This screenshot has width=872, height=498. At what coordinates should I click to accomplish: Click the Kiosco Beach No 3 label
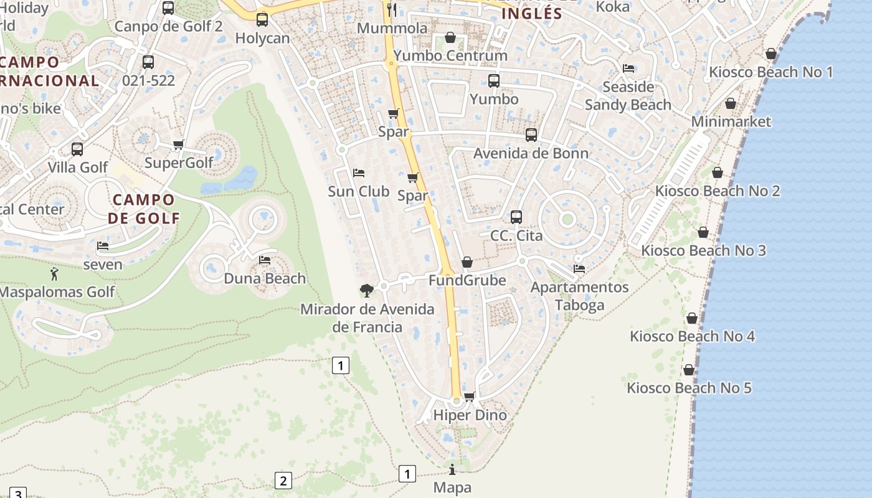coord(703,250)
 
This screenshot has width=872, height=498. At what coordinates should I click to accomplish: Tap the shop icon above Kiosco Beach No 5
coord(689,370)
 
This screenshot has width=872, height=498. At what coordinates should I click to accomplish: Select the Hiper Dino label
coord(470,415)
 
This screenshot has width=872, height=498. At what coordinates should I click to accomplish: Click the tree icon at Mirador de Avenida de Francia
coord(367,290)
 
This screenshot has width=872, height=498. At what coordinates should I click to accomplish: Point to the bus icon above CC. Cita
coord(516,217)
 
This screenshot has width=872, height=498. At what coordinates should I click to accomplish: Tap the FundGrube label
coord(467,281)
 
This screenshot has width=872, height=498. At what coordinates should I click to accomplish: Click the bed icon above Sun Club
coord(359,173)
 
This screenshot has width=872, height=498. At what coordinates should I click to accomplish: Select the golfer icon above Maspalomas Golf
coord(55,273)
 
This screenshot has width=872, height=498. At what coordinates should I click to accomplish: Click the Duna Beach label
coord(265,278)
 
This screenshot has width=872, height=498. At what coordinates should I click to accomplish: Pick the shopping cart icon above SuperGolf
coord(179,145)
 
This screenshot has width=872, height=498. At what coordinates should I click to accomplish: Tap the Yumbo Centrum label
coord(450,55)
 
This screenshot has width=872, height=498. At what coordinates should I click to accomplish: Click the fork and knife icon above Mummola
coord(392,9)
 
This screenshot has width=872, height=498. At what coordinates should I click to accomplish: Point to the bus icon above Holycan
coord(262,20)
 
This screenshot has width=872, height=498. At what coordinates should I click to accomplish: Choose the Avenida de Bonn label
coord(531,153)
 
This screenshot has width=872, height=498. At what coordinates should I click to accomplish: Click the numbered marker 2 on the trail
coord(283,481)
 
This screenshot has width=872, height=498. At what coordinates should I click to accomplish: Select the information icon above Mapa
coord(452,469)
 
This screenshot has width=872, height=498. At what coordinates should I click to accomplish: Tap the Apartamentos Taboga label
coord(579,296)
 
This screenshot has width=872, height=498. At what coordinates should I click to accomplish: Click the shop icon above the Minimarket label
coord(731,103)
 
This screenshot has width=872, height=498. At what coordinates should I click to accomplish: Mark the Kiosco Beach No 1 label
coord(770,72)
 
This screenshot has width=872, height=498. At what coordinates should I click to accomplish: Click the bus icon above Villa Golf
coord(77,149)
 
